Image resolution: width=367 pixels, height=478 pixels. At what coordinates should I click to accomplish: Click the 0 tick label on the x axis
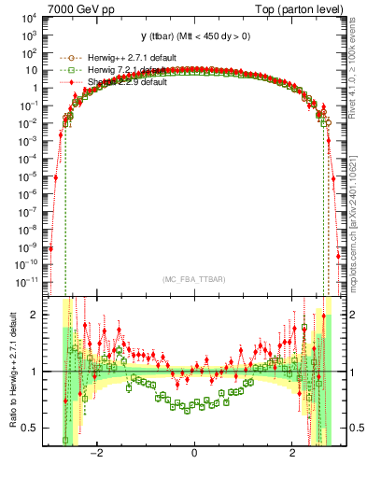pos(194,453)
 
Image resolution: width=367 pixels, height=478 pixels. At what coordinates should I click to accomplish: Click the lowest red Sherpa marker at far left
pos(51,247)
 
